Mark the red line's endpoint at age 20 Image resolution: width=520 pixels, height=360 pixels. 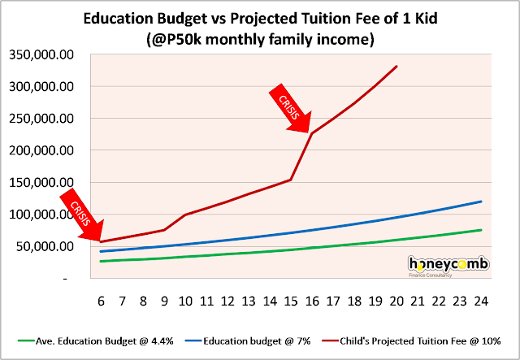coord(396,66)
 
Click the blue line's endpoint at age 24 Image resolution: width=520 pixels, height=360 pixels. coord(481,202)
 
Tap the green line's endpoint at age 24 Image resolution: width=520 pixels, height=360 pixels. coord(481,230)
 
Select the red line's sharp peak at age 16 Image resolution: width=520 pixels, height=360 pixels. coord(312,133)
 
